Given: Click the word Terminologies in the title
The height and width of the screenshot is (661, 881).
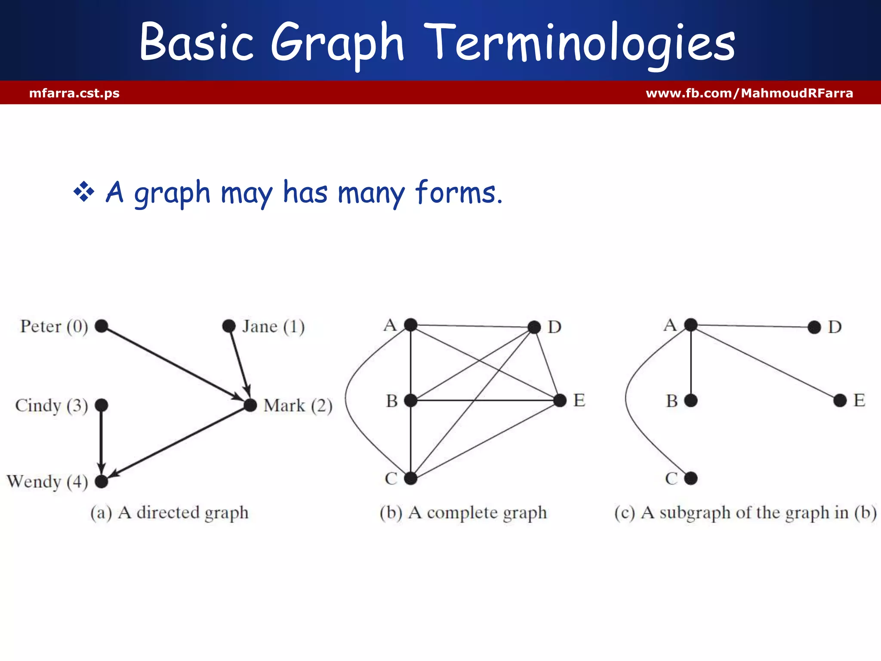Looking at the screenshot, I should pos(583,43).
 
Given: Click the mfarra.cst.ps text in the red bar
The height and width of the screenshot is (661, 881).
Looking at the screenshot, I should pos(74,93).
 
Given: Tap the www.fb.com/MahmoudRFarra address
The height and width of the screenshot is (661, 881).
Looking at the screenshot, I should pos(749,93).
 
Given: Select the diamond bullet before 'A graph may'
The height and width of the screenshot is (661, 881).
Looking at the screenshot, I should pos(83,192).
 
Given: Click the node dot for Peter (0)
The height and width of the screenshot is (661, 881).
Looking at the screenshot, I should pos(102,326).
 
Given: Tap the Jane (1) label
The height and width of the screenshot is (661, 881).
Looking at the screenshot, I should pos(273,327).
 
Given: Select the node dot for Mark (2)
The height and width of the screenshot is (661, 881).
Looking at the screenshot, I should pos(250,405).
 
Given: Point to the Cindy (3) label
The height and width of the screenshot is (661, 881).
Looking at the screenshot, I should pos(51,405).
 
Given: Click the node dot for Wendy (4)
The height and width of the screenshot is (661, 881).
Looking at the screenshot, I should pos(102,481).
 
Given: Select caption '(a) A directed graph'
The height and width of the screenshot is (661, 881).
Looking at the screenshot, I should pos(169,513).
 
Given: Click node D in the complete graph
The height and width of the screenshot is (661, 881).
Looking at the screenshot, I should pos(534,327).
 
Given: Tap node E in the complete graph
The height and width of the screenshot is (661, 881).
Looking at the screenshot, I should pos(560,401).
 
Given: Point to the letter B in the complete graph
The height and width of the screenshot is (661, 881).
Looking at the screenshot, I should pos(391,401).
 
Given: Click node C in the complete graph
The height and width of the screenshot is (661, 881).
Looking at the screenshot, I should pos(411,478).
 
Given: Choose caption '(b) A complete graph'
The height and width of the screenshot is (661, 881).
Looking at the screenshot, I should pos(463,513).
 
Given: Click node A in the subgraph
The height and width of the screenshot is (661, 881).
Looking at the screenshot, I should pos(691,324).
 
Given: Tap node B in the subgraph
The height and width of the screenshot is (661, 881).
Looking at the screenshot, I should pos(691,401).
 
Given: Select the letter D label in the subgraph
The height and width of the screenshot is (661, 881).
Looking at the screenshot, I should pos(835,327).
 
